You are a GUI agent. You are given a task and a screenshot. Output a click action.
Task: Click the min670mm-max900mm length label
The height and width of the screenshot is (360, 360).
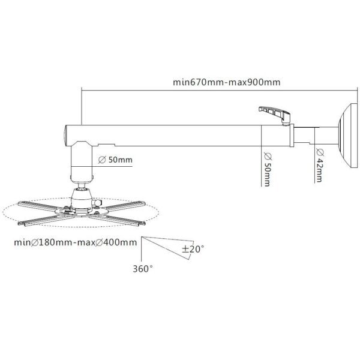pos(226,82)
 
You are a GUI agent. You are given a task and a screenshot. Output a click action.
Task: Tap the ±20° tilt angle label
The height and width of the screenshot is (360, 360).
pos(193,249)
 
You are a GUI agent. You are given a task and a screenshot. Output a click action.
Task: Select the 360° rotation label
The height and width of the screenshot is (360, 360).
pos(143,269)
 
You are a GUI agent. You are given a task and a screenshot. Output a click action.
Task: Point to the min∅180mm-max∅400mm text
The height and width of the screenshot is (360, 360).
pos(76,242)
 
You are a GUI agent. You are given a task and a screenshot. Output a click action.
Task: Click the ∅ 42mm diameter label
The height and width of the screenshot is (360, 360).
pos(320,166)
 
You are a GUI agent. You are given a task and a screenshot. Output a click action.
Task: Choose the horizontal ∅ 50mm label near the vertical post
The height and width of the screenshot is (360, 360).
pos(115,160)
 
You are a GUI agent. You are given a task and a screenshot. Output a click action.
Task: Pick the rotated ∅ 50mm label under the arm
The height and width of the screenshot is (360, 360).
pos(268,169)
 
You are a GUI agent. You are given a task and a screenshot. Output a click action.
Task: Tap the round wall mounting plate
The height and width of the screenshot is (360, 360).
pos(348,136)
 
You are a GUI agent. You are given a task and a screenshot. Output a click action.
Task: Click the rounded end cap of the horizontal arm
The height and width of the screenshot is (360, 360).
pos(65,136)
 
